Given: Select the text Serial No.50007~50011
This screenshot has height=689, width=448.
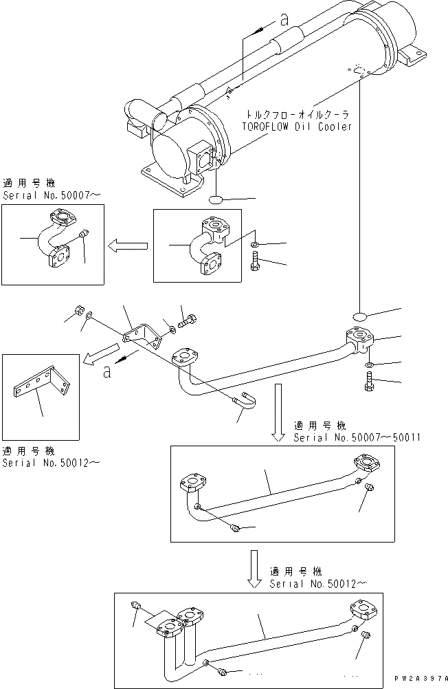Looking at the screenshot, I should pyautogui.click(x=357, y=437).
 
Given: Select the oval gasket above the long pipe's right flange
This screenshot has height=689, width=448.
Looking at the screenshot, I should pyautogui.click(x=362, y=316).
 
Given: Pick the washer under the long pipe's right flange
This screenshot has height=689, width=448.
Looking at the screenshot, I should pyautogui.click(x=369, y=363).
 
